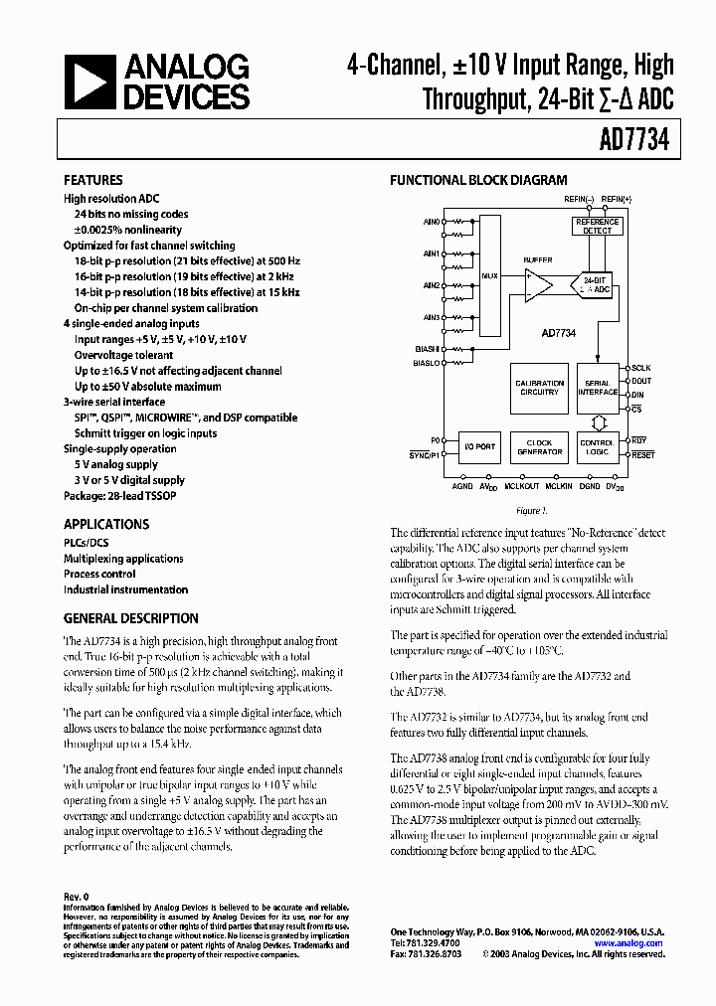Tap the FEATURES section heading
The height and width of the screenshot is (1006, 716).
click(x=92, y=181)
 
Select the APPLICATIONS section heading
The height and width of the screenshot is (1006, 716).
click(x=106, y=524)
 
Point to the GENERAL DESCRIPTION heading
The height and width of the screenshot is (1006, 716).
click(x=130, y=618)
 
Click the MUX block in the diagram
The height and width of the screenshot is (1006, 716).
click(x=489, y=275)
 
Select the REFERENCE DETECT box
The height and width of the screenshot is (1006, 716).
click(x=597, y=226)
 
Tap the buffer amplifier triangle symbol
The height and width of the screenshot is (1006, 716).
click(x=538, y=286)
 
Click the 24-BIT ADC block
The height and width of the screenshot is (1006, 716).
click(x=594, y=286)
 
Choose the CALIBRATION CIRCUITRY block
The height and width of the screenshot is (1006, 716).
click(x=539, y=388)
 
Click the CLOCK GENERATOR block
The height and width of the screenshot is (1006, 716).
click(x=539, y=447)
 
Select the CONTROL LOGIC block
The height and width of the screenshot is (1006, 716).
click(x=597, y=447)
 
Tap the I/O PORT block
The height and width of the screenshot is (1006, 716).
click(x=479, y=447)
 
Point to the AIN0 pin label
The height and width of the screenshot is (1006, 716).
click(x=431, y=221)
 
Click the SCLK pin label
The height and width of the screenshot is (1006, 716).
click(x=642, y=368)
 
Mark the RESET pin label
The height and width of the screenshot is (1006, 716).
click(x=643, y=455)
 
